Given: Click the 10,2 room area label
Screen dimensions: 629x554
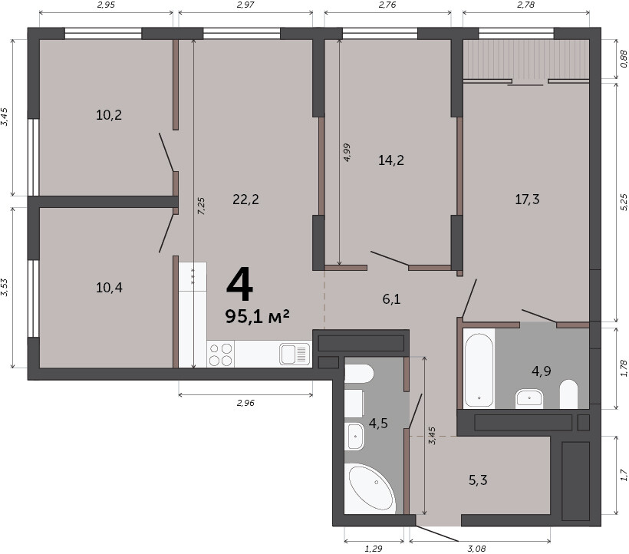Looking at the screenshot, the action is [x=109, y=116].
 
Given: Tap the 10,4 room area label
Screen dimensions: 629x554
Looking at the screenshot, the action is [x=109, y=288].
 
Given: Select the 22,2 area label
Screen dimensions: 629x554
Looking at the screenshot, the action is [x=246, y=199].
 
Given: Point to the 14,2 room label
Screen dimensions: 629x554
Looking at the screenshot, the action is [x=391, y=160].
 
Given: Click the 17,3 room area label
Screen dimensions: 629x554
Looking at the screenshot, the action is [x=527, y=199].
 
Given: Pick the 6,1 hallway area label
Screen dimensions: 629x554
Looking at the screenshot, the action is [x=391, y=298].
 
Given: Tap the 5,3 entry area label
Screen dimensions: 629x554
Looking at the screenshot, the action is [x=478, y=480].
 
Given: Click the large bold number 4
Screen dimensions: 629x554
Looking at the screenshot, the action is [x=240, y=285].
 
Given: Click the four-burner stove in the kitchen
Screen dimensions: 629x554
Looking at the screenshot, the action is [x=221, y=354].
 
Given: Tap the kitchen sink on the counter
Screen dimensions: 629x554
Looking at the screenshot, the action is [x=295, y=354].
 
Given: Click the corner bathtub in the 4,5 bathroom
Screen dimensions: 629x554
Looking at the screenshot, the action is [x=370, y=489].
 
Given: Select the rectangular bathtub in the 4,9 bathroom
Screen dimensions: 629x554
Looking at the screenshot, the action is [x=479, y=368].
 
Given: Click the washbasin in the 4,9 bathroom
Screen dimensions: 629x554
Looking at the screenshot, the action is [x=529, y=398].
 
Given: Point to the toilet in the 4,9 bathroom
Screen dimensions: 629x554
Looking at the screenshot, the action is [x=568, y=394].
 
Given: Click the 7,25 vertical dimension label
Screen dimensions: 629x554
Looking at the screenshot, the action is [x=202, y=206].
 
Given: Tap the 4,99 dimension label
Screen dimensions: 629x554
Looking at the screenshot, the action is [x=347, y=153].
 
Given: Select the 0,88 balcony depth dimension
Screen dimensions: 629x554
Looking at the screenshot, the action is [x=624, y=58].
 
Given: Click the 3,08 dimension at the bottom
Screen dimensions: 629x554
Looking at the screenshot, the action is [x=476, y=549].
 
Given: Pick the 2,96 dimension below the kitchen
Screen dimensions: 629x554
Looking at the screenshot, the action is [x=245, y=403].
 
